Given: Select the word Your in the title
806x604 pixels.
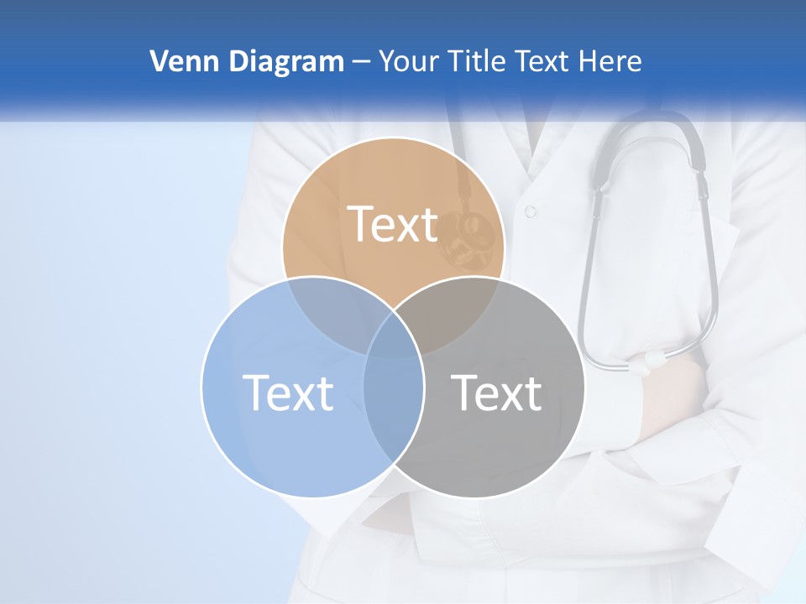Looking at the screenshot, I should tap(406, 61).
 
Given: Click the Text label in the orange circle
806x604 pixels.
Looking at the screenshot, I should tap(393, 225).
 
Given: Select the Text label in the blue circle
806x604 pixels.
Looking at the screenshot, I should tap(288, 393).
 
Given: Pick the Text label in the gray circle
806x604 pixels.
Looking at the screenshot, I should tap(497, 393).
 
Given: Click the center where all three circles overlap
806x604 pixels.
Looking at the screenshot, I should tap(394, 336).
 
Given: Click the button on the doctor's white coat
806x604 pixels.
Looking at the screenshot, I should tap(530, 211).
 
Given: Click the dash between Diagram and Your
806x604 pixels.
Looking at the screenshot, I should tap(362, 61).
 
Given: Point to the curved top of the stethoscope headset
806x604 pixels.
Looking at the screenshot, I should tap(651, 126).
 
